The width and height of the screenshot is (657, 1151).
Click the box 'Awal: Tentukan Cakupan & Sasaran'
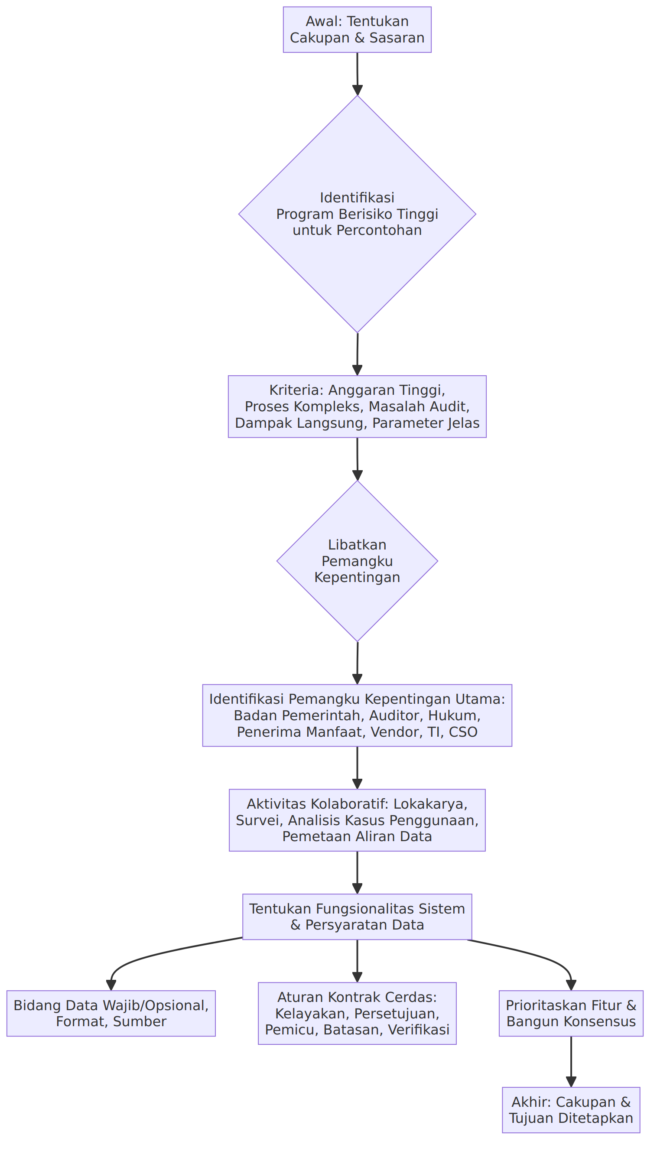coord(357,30)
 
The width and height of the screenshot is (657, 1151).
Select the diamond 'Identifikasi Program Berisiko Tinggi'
coord(357,214)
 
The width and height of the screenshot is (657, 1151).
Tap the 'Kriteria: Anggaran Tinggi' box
coord(357,406)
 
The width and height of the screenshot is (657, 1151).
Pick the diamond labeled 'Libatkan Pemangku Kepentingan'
coord(357,561)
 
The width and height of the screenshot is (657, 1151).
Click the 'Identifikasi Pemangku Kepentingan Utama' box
coord(357,715)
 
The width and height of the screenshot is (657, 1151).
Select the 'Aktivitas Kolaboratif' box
coord(357,820)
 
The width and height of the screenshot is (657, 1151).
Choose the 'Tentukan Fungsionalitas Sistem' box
coord(357,917)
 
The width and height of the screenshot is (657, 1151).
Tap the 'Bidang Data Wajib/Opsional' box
coord(111,1013)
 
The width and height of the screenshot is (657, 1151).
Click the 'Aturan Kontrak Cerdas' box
coord(357,1013)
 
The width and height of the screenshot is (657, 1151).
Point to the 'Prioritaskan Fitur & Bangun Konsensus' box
coord(571,1013)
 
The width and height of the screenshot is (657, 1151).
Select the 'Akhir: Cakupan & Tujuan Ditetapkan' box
coord(571,1110)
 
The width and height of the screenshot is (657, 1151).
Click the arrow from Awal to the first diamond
coord(358,74)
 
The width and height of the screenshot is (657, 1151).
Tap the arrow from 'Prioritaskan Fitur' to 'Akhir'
coord(571,1062)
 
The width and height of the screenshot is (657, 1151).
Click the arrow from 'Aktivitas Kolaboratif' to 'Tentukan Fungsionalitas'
coord(357,872)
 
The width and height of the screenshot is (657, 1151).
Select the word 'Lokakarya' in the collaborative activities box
coord(430,803)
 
